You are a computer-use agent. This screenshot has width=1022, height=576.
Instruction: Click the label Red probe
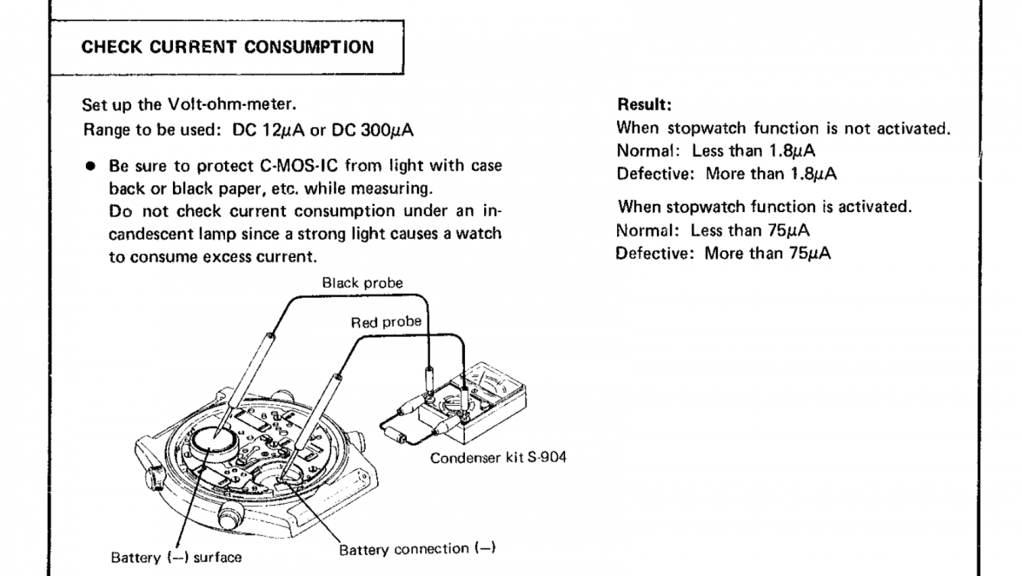tap(386, 321)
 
